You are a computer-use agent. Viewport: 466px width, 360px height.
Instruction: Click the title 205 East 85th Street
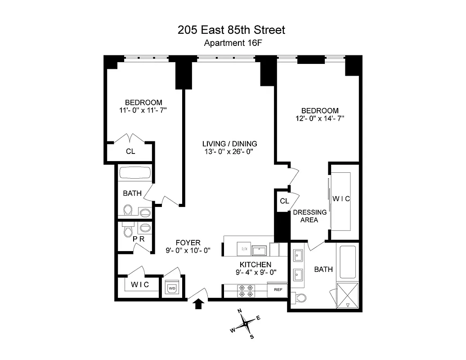(x=232, y=30)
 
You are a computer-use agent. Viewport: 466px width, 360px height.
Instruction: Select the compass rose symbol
(x=245, y=323)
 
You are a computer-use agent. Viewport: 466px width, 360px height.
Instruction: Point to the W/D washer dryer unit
(x=172, y=287)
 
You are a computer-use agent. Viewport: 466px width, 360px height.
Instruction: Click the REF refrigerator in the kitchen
(x=277, y=290)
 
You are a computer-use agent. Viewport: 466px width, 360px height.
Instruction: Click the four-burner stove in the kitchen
(x=246, y=290)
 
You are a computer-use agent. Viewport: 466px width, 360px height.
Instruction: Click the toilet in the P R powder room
(x=128, y=231)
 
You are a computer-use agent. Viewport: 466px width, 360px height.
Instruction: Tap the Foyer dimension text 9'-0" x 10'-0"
(x=188, y=251)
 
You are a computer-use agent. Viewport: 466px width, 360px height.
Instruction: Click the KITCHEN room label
(x=255, y=265)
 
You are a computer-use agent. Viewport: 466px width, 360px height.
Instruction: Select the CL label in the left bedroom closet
(x=130, y=152)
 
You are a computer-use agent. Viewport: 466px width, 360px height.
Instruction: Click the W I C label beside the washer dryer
(x=139, y=285)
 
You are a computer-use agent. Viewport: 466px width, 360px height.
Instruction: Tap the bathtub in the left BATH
(x=135, y=174)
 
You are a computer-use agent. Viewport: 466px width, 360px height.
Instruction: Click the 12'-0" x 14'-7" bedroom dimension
(x=320, y=119)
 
